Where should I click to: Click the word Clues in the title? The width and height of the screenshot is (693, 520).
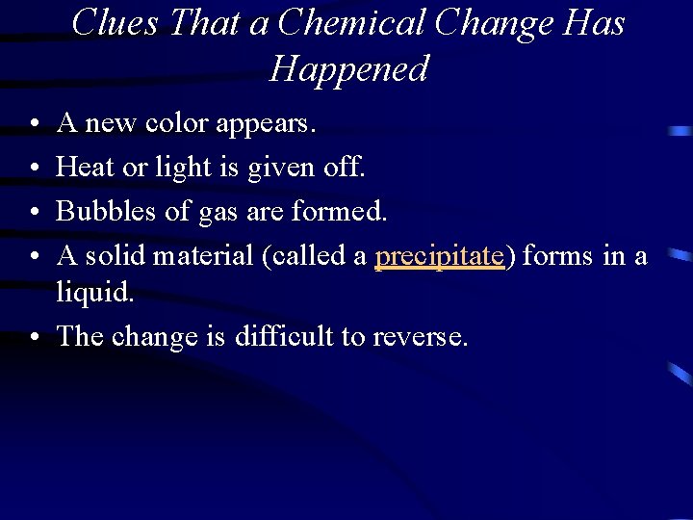coord(114,22)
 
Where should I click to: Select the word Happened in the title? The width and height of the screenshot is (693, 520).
coord(348,68)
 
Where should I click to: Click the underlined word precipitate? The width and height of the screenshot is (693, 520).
coord(440,255)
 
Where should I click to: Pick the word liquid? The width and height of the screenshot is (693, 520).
coord(93,293)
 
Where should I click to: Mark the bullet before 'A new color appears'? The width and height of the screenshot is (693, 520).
coord(34,124)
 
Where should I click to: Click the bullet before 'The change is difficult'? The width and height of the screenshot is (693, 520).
coord(34,336)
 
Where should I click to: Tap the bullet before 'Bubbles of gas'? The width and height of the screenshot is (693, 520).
coord(34,212)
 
